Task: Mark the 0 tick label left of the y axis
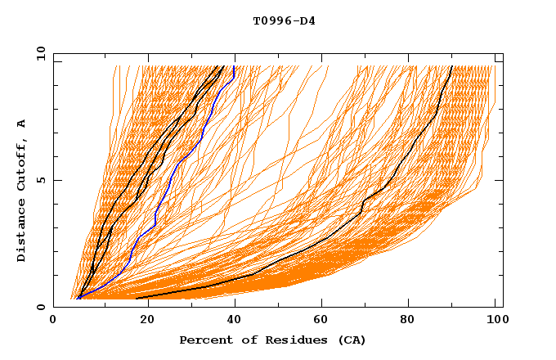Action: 41,307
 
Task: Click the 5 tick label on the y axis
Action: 41,180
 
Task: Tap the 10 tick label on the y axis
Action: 38,53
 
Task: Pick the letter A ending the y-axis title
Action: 22,123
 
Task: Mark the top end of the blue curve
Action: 235,66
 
